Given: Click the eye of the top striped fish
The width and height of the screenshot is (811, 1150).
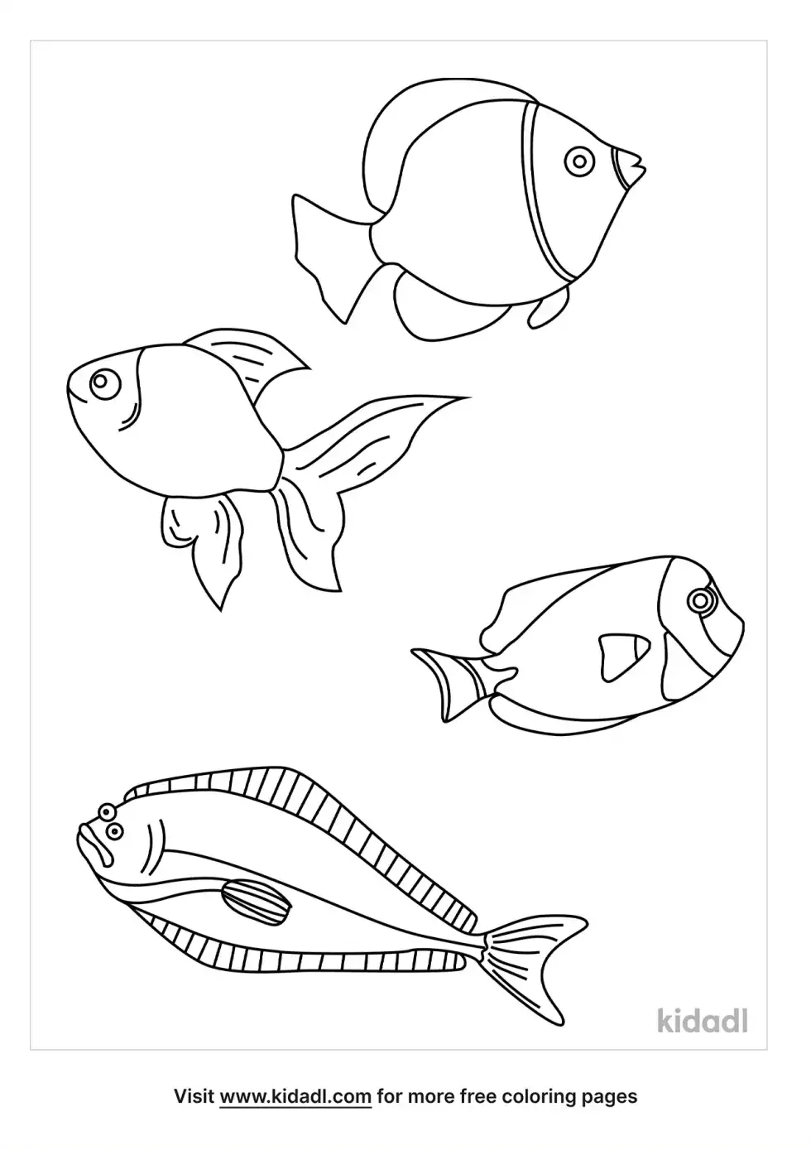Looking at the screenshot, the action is pyautogui.click(x=579, y=161).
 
